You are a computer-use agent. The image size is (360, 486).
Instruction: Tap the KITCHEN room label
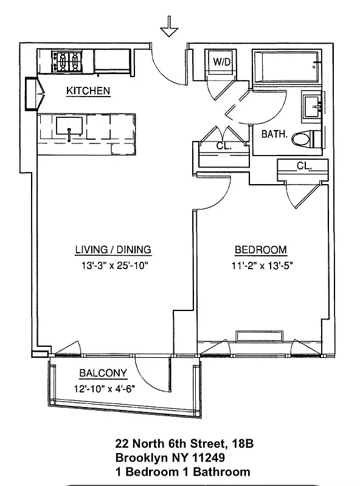(x=88, y=91)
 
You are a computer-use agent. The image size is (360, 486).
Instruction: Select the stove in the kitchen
(x=67, y=61)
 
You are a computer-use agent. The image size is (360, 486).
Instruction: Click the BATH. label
(x=274, y=134)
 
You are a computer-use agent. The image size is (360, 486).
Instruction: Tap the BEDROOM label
(x=261, y=250)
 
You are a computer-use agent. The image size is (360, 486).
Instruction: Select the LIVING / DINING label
(x=112, y=250)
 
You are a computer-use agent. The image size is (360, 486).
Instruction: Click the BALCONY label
(x=103, y=374)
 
